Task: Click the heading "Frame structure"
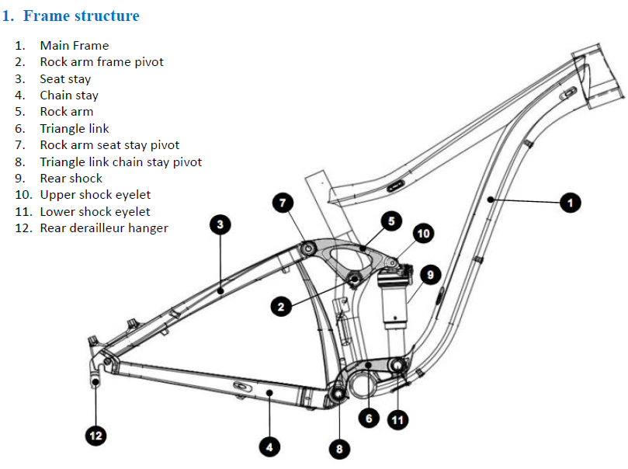(x=81, y=16)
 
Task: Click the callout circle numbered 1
(x=570, y=203)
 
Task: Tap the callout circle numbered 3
(x=220, y=225)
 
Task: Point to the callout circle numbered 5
(x=391, y=221)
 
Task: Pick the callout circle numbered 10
(x=424, y=233)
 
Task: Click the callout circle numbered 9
(x=430, y=274)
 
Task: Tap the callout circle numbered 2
(x=282, y=307)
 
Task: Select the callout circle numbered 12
(x=95, y=436)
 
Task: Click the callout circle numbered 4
(x=269, y=446)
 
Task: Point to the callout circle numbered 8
(x=338, y=448)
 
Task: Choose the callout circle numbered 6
(x=369, y=419)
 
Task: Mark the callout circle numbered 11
(x=397, y=420)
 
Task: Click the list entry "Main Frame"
(x=75, y=46)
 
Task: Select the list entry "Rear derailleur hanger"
(x=104, y=228)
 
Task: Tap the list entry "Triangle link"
(x=75, y=129)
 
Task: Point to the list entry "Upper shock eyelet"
(x=95, y=195)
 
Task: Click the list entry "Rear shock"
(x=71, y=179)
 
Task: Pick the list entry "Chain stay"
(x=69, y=96)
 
